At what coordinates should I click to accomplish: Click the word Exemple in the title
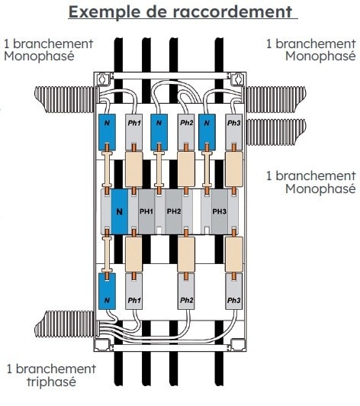tap(104, 12)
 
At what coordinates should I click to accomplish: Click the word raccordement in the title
tap(232, 12)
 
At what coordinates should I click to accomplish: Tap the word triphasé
tap(52, 382)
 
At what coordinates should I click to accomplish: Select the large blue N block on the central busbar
tap(120, 212)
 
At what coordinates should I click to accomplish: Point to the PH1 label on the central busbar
tap(146, 211)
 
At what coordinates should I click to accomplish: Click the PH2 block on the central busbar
tap(174, 211)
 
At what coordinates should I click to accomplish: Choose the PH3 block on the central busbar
tap(220, 211)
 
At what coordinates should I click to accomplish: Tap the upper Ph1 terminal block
tap(133, 132)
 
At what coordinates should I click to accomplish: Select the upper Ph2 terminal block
tap(186, 132)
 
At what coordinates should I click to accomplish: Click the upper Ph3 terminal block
tap(233, 132)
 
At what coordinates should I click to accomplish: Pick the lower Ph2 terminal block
tap(186, 292)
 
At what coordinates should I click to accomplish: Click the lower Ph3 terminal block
tap(233, 292)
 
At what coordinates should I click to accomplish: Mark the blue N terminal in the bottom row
tap(107, 292)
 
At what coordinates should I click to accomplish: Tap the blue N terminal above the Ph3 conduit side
tap(207, 132)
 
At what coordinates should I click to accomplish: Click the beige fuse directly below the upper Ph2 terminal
tap(186, 169)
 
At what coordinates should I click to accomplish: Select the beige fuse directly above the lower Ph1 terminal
tap(133, 254)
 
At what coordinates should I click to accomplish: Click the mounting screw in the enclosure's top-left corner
tap(103, 78)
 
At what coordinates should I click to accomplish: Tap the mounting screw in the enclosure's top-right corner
tap(237, 78)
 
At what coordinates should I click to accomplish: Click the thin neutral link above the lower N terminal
tap(107, 254)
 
